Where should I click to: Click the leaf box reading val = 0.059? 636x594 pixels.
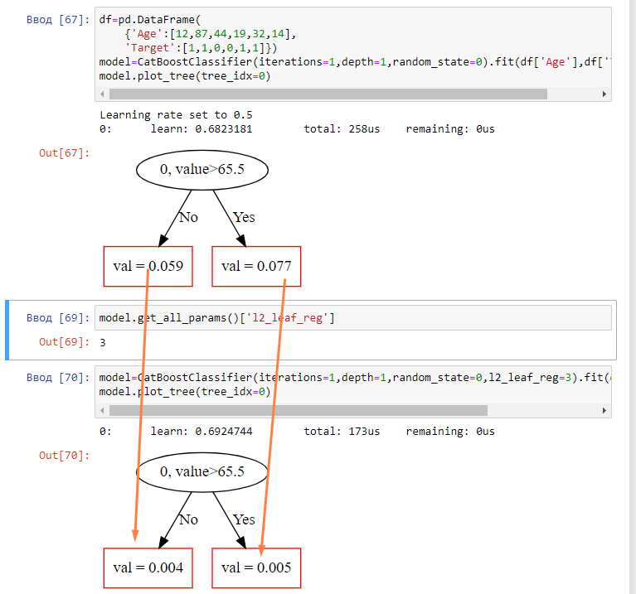148,266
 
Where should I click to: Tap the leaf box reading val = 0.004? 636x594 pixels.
148,568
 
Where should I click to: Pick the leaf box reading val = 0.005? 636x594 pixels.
256,568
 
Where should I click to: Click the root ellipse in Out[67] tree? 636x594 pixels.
201,170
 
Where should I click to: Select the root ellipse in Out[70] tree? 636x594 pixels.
201,471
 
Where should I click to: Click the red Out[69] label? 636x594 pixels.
64,341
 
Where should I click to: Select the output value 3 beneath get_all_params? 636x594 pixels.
102,341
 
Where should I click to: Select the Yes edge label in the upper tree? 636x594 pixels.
244,217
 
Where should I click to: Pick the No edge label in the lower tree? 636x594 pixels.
189,519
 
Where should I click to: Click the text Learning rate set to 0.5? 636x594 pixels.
176,115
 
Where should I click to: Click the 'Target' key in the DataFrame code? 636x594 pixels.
149,48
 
